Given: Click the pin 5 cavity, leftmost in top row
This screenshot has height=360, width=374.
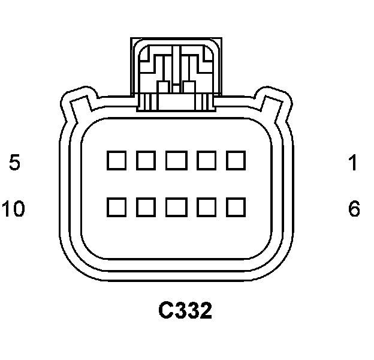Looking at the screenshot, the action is click(x=116, y=160).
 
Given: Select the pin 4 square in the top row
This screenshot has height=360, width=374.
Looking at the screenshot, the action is click(x=146, y=160).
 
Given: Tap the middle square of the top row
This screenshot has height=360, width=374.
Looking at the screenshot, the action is click(x=176, y=160).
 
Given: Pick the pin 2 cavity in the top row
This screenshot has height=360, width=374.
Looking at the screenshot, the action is click(x=206, y=160).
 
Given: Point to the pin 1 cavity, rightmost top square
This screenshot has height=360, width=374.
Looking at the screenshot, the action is click(x=236, y=160).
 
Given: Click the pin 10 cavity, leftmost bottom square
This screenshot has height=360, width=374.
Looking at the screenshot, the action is click(x=116, y=207).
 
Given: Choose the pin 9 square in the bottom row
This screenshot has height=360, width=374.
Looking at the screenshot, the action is click(x=146, y=207).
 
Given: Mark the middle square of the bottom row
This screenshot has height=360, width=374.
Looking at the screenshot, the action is click(x=176, y=207).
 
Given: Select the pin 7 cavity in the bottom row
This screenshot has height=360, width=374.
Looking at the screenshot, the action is click(x=206, y=207).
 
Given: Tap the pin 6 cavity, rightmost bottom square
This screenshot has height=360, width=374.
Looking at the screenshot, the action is click(x=236, y=207).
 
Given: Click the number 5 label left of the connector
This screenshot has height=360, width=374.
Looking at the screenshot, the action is click(x=15, y=162).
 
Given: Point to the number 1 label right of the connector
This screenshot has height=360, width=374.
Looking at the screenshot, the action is click(x=354, y=162).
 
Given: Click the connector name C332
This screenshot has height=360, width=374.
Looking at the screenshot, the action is click(x=185, y=310).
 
